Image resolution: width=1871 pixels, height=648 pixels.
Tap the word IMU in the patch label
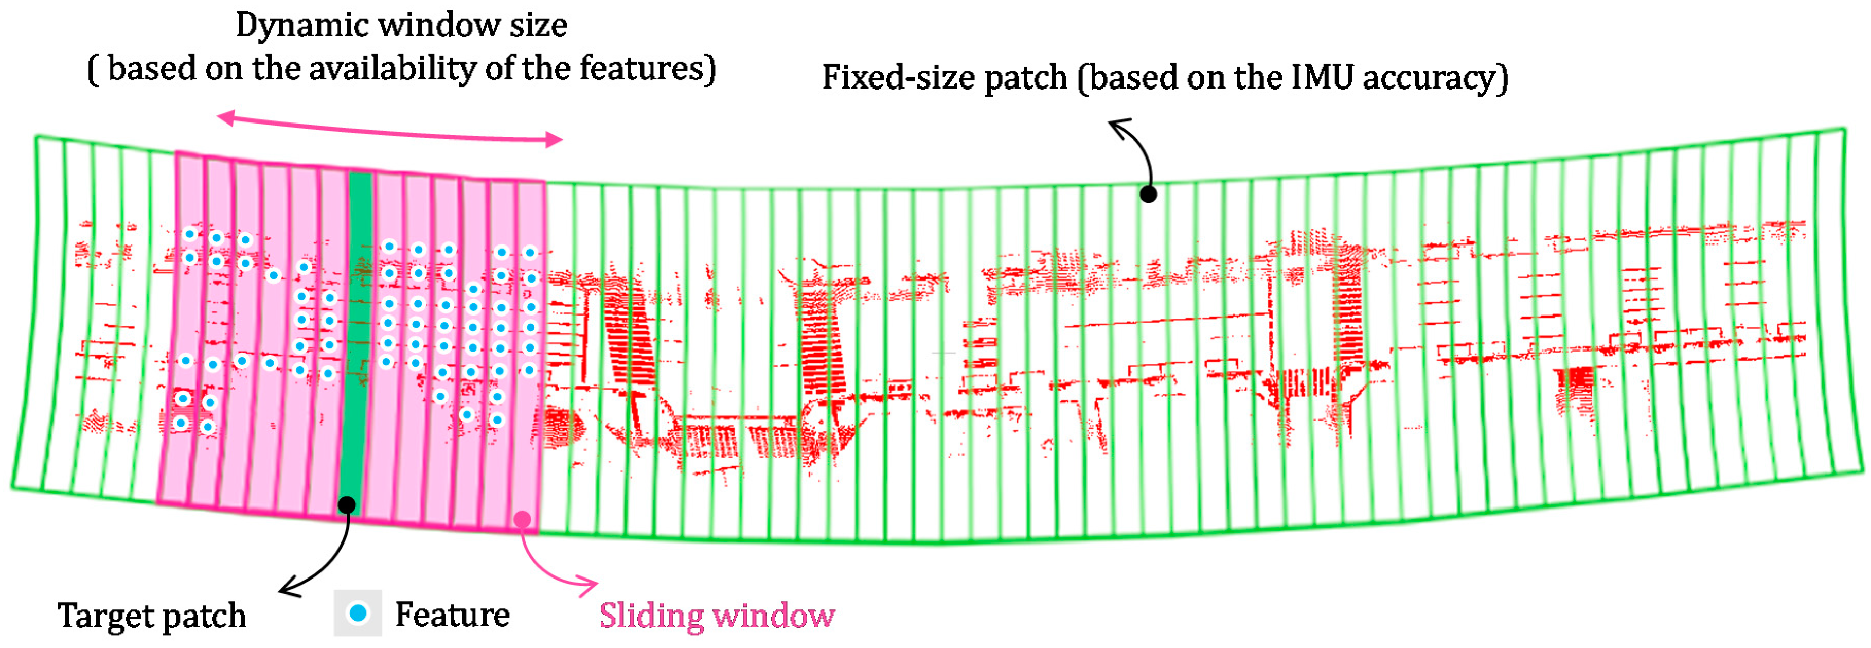[x=1323, y=77]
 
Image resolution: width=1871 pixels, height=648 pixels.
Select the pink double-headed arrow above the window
[x=390, y=129]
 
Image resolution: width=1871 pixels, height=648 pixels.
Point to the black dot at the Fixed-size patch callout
[x=1148, y=194]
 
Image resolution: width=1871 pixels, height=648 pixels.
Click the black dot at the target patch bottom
[x=348, y=504]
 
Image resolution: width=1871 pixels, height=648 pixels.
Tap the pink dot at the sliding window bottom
[x=522, y=519]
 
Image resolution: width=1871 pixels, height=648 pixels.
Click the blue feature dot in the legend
[x=358, y=613]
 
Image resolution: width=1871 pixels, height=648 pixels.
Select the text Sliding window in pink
[x=717, y=615]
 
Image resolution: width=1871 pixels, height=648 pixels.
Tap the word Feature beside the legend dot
[x=452, y=615]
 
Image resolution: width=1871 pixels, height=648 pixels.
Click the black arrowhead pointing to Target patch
[x=289, y=587]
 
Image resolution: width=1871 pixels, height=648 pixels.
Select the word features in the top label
[x=647, y=69]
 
